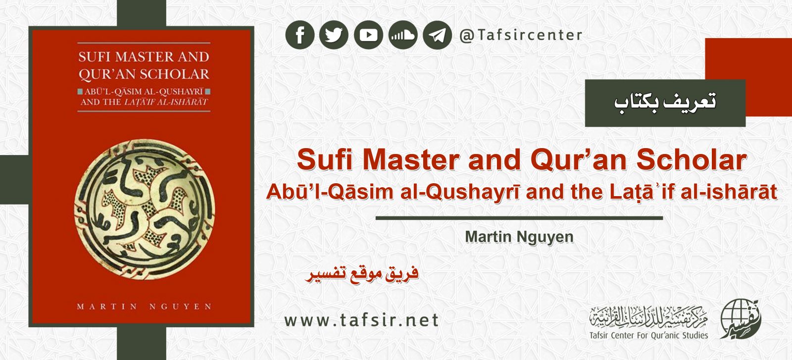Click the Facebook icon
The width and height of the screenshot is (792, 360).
point(299,35)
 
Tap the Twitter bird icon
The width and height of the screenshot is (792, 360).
point(334,35)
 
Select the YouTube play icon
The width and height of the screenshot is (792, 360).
point(368,35)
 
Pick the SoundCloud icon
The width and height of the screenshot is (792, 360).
point(402,35)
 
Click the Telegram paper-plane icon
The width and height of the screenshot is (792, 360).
point(437,35)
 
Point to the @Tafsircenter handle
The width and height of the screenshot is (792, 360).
point(521,35)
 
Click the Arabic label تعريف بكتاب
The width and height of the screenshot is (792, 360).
point(665,103)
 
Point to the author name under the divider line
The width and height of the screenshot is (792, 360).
point(519,237)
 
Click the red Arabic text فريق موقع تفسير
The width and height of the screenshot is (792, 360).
point(362,274)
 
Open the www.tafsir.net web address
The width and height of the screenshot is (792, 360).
point(361,320)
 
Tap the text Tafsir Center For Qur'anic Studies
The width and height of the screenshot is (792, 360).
point(648,335)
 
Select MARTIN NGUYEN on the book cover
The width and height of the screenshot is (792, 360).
point(144,307)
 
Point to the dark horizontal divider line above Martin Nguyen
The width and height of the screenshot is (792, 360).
point(519,218)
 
